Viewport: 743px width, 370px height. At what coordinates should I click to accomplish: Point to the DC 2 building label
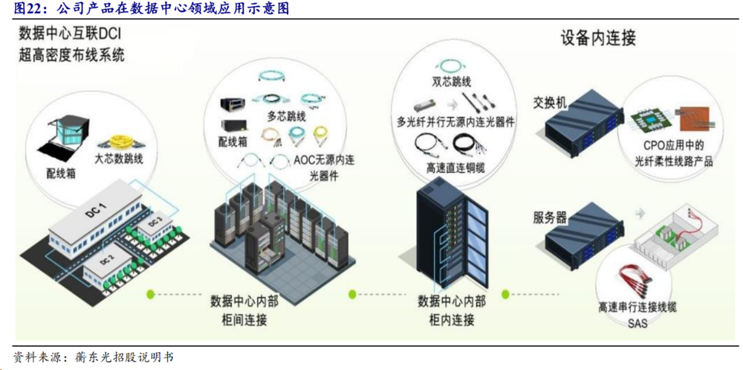[106, 261]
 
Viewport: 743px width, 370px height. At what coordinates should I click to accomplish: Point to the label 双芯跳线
[452, 82]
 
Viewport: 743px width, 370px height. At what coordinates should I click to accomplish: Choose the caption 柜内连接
[452, 320]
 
